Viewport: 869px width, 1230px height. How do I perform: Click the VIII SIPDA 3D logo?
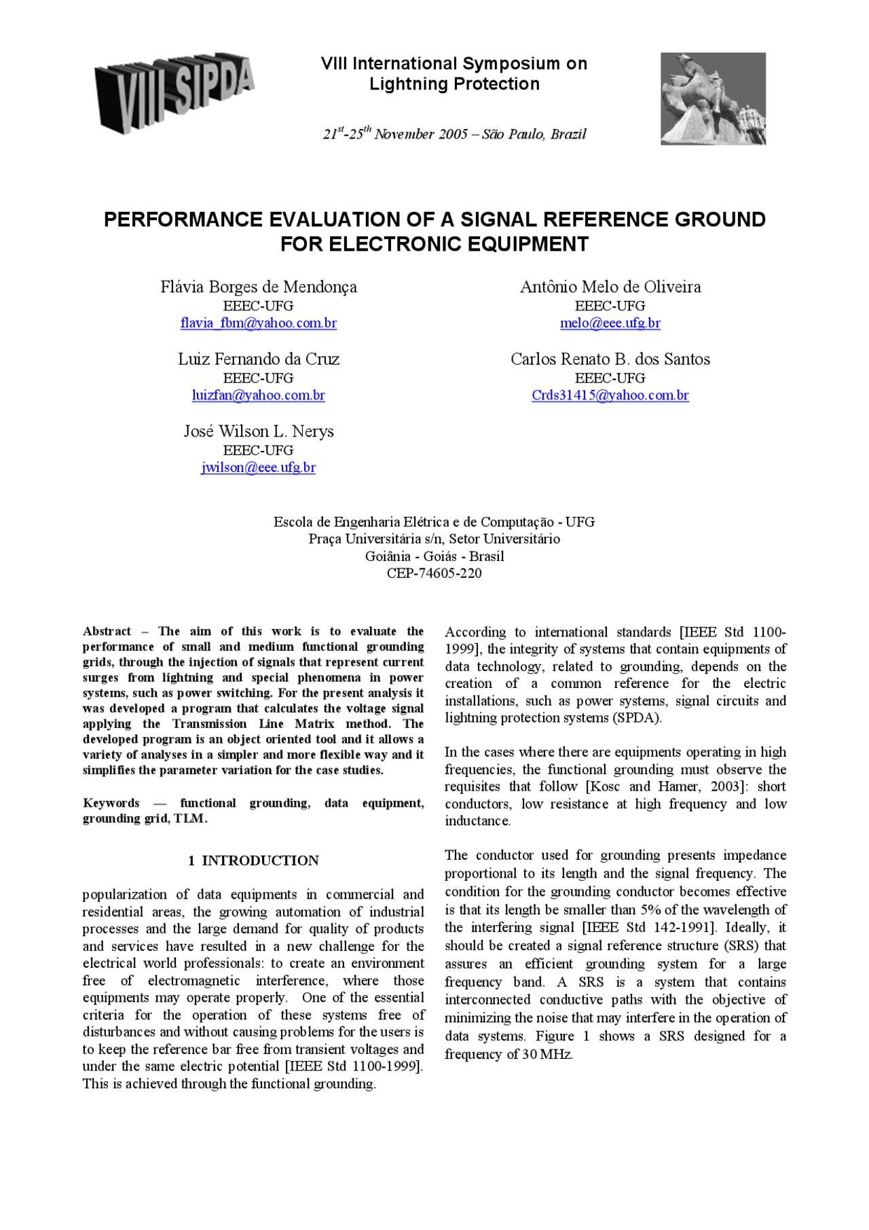coord(174,92)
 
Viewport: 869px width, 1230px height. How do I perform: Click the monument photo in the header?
coord(713,98)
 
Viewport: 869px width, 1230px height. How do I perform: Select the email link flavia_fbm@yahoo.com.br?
coord(258,323)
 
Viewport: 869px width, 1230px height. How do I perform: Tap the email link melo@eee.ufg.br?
coord(610,323)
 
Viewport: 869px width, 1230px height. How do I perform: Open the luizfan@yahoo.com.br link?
coord(258,395)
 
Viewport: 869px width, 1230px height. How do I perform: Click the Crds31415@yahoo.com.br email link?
coord(610,395)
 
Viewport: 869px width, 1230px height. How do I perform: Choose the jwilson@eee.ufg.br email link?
coord(258,467)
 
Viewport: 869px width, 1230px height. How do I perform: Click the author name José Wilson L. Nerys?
coord(258,431)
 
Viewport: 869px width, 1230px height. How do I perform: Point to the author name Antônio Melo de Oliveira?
coord(610,287)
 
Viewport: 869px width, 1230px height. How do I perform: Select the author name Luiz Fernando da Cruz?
coord(258,359)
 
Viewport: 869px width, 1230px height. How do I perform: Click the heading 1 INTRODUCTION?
coord(253,861)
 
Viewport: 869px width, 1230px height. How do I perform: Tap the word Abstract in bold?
coord(107,632)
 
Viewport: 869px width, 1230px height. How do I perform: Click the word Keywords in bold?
coord(111,803)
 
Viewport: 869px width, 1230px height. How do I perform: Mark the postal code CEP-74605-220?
coord(434,573)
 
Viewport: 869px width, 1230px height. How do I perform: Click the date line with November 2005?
coord(454,134)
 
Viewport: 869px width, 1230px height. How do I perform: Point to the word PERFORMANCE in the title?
coord(183,219)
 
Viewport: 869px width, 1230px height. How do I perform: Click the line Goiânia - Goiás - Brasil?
coord(434,556)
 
